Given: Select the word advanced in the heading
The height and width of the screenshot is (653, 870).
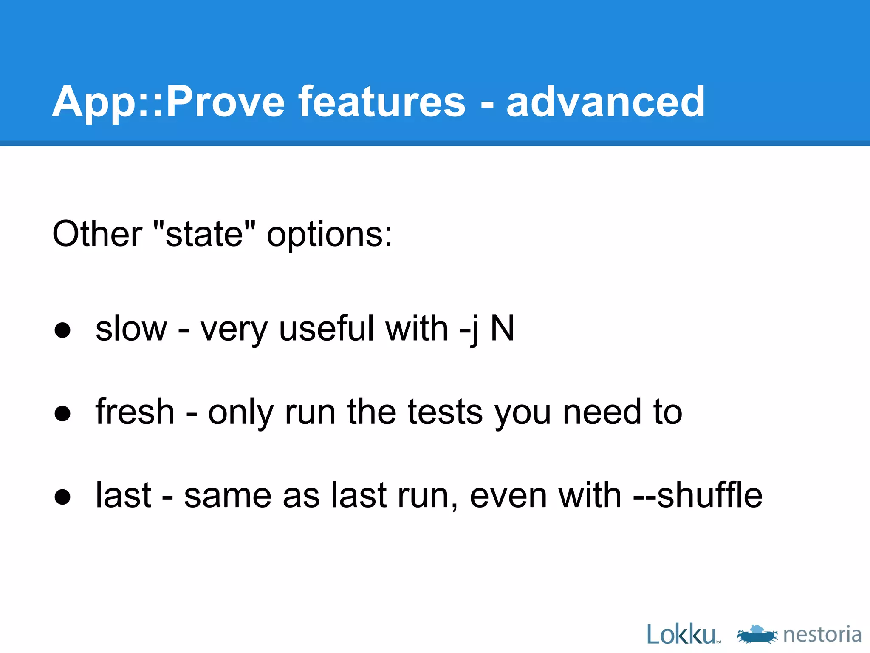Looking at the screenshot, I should pyautogui.click(x=606, y=102).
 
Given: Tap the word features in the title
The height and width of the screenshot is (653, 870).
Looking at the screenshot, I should pyautogui.click(x=382, y=102).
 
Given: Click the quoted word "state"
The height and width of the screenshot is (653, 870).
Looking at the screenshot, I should pyautogui.click(x=204, y=234).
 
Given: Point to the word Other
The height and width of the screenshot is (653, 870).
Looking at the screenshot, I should pyautogui.click(x=97, y=234).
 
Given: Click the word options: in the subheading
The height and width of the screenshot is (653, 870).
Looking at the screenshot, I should pyautogui.click(x=329, y=235).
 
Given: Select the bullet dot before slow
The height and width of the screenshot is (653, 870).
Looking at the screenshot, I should pyautogui.click(x=62, y=330).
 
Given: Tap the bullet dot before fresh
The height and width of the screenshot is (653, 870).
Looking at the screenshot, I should pyautogui.click(x=62, y=413).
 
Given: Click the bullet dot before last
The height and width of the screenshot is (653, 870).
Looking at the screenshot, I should pyautogui.click(x=62, y=497).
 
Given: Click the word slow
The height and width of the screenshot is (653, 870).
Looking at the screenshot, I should pyautogui.click(x=131, y=329).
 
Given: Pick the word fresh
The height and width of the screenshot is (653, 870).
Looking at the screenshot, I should pyautogui.click(x=135, y=412).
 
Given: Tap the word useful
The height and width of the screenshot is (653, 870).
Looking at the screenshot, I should pyautogui.click(x=327, y=329).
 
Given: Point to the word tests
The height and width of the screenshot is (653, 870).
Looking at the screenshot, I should pyautogui.click(x=445, y=412).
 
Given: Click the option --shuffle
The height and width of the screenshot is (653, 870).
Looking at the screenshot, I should pyautogui.click(x=698, y=495).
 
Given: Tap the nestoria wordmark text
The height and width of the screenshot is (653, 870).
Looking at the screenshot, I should pyautogui.click(x=822, y=635).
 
